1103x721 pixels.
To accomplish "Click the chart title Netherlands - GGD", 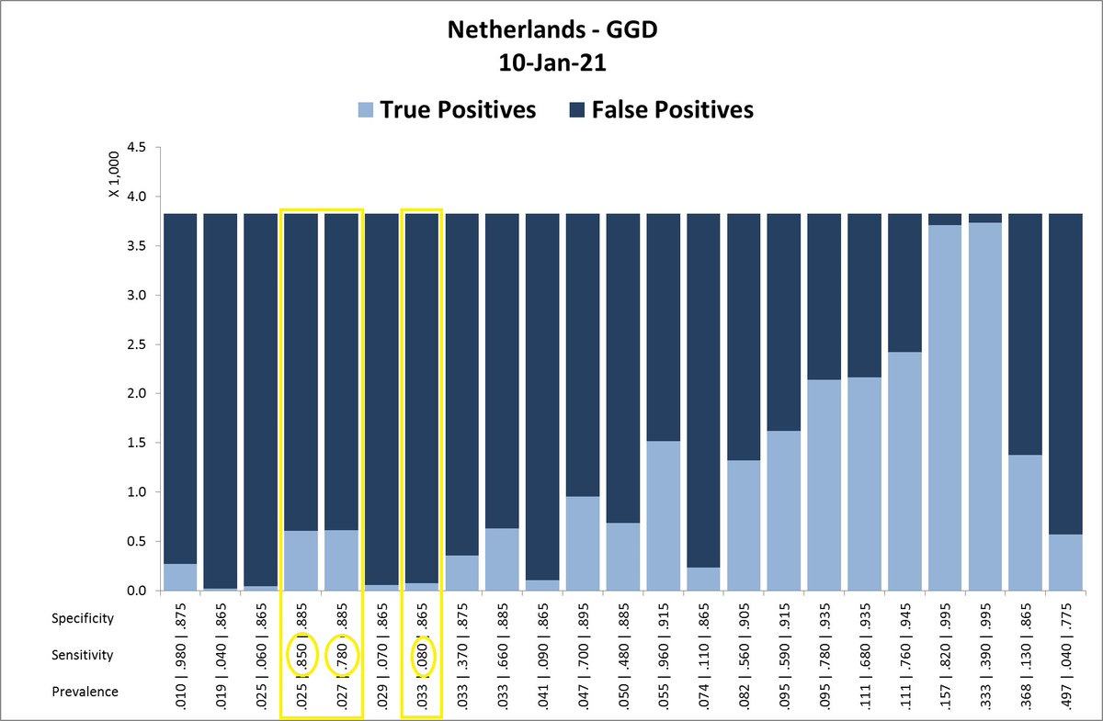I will (552, 30).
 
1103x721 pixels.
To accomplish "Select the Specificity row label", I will (83, 618).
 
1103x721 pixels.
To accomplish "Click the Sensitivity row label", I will (83, 655).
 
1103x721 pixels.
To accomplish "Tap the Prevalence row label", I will (85, 692).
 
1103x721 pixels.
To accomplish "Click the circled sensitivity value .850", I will (301, 655).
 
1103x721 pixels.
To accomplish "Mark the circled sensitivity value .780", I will (341, 655).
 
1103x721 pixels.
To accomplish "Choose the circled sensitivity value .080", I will (422, 655).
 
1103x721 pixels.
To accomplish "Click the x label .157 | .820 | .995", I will (945, 655).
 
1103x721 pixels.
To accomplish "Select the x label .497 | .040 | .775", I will (1066, 655).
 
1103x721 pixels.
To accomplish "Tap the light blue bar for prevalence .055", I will (664, 514).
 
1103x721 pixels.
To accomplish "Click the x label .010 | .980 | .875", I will (180, 655).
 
